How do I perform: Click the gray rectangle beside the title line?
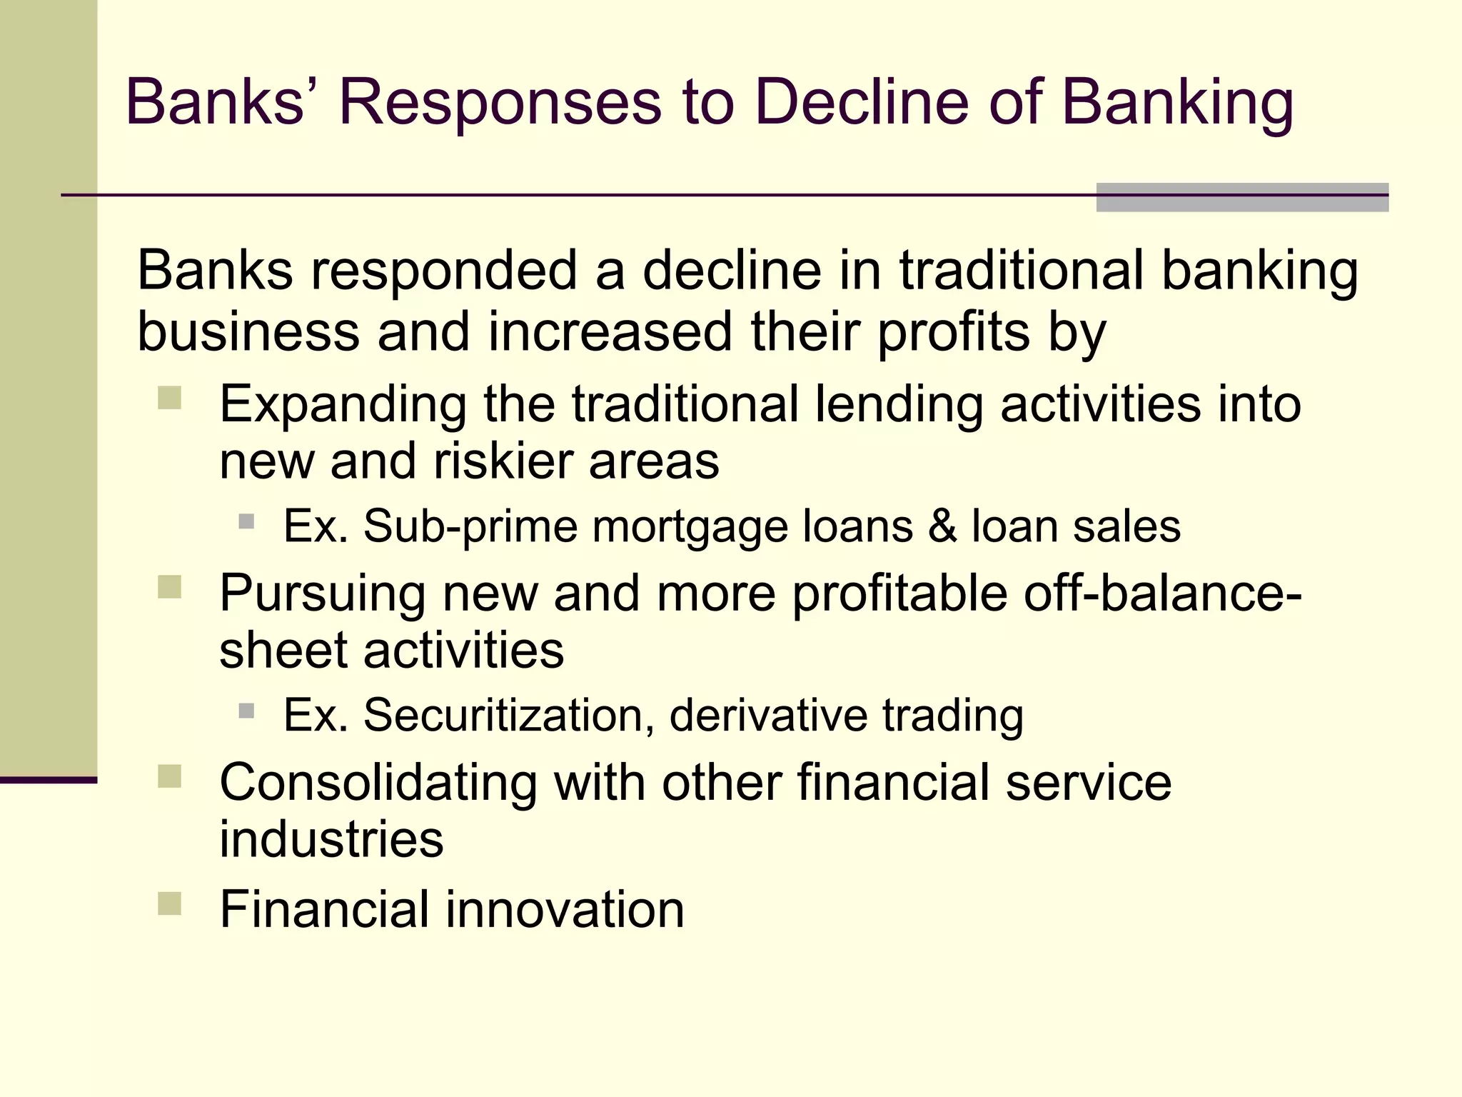click(x=1241, y=198)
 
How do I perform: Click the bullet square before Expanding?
click(x=170, y=398)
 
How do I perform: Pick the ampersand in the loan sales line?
click(x=942, y=526)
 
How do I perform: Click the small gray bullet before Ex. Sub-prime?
click(x=246, y=521)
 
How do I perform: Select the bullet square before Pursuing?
click(x=170, y=587)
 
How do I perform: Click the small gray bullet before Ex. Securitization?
click(x=246, y=711)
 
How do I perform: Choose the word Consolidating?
click(x=378, y=782)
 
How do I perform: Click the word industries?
click(x=331, y=839)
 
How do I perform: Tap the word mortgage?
click(x=691, y=528)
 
